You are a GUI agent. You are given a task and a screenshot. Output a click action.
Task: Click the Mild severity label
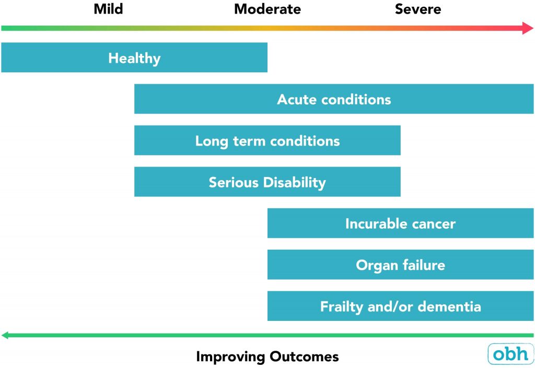point(108,9)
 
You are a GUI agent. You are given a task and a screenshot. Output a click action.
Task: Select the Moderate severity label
point(267,9)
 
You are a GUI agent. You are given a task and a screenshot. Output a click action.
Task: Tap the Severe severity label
point(418,9)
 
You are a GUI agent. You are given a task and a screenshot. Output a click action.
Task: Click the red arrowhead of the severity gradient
point(528,28)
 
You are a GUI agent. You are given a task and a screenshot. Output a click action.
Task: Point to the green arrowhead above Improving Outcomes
point(6,335)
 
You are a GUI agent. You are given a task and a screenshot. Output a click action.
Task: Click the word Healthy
point(134,58)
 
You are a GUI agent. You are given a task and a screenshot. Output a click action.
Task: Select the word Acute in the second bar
point(297,99)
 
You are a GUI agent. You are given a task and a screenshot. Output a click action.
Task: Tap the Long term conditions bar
point(267,141)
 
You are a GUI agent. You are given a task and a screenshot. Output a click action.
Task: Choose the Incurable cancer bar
point(400,224)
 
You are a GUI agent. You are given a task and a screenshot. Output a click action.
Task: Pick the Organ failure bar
point(400,265)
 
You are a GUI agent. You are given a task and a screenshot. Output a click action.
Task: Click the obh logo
point(510,354)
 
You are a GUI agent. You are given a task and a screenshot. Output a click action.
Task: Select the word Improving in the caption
point(230,357)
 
